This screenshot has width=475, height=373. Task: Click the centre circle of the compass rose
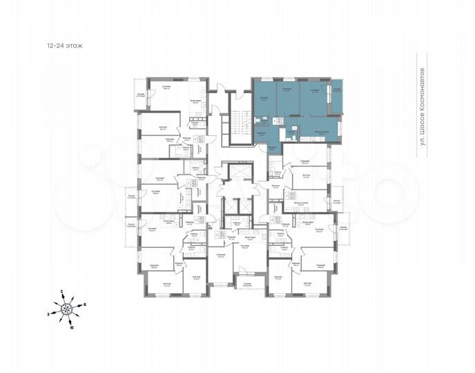[x=68, y=309]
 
